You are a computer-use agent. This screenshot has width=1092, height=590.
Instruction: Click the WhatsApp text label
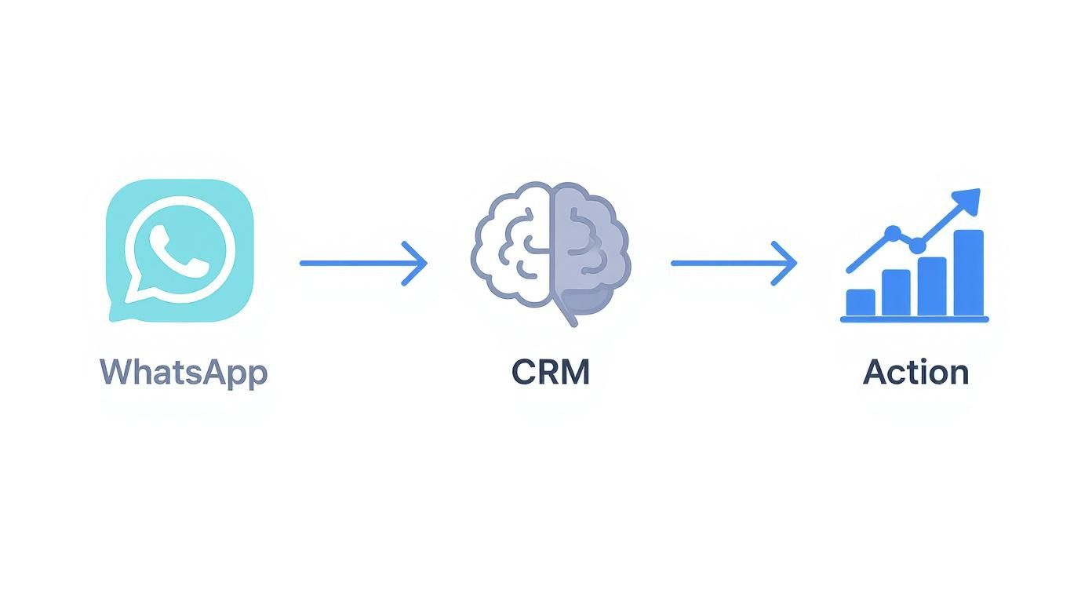184,372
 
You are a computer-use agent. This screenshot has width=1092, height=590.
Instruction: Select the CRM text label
550,372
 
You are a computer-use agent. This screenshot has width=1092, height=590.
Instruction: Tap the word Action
915,372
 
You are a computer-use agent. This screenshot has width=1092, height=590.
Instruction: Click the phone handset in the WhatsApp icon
180,249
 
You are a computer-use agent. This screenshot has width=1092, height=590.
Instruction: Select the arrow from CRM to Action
733,264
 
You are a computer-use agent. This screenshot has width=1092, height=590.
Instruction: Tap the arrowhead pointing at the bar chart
787,264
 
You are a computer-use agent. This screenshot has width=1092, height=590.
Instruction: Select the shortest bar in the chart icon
861,303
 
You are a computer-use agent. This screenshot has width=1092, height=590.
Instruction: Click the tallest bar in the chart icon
968,272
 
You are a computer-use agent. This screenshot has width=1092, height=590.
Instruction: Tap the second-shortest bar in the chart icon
896,293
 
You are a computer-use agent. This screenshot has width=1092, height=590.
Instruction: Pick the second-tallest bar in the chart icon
932,286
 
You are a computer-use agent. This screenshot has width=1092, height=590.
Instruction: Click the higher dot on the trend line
892,233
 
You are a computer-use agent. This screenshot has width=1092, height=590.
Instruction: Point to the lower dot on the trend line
917,246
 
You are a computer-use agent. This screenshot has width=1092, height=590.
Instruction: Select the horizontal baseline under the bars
914,319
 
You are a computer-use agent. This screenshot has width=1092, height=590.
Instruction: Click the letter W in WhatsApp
115,372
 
